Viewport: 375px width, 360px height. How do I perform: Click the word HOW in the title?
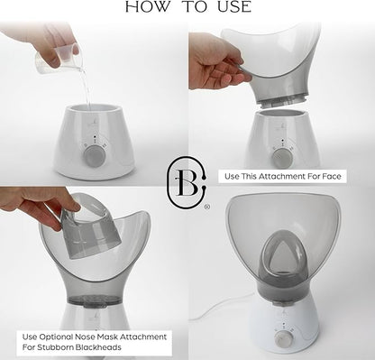click(147, 7)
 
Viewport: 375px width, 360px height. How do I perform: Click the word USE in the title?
click(234, 7)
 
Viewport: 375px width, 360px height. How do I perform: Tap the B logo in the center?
click(187, 182)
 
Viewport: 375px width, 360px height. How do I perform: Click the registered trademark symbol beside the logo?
click(206, 207)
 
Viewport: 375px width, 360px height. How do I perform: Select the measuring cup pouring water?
click(59, 60)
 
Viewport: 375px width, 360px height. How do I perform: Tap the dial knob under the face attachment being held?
click(282, 157)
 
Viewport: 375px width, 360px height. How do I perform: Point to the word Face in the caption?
click(332, 176)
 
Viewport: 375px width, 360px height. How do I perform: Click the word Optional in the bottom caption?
click(56, 337)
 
